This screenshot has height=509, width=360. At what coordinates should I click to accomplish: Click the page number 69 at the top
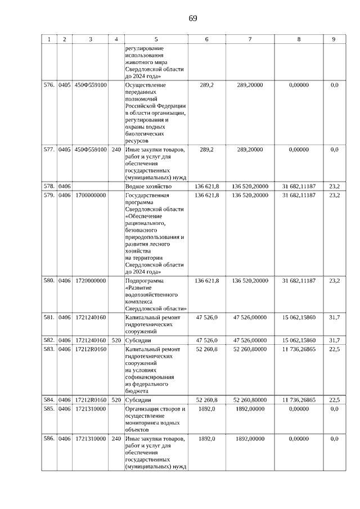(192, 18)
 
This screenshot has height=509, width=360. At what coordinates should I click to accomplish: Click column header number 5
(156, 39)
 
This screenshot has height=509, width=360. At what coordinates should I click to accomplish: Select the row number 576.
(49, 85)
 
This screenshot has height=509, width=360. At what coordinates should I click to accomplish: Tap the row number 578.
(49, 186)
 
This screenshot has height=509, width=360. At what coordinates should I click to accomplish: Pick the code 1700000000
(91, 196)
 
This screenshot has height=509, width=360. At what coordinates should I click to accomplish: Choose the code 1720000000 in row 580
(91, 280)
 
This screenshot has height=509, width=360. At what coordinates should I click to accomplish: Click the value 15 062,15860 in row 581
(299, 318)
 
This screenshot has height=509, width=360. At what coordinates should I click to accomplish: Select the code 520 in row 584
(116, 400)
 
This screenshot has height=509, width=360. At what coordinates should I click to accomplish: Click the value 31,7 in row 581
(334, 318)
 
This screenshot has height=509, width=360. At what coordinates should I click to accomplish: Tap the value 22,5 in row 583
(334, 349)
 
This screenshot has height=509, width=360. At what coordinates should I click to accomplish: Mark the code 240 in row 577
(116, 150)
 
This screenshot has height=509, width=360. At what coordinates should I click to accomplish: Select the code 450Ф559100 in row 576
(91, 85)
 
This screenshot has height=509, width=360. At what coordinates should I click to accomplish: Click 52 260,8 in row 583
(207, 349)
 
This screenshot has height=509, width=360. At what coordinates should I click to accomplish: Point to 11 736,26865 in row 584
(299, 400)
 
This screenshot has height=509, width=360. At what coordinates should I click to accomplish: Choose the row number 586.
(49, 438)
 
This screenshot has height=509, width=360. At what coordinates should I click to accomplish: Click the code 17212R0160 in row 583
(91, 349)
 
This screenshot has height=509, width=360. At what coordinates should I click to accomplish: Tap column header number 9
(334, 39)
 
